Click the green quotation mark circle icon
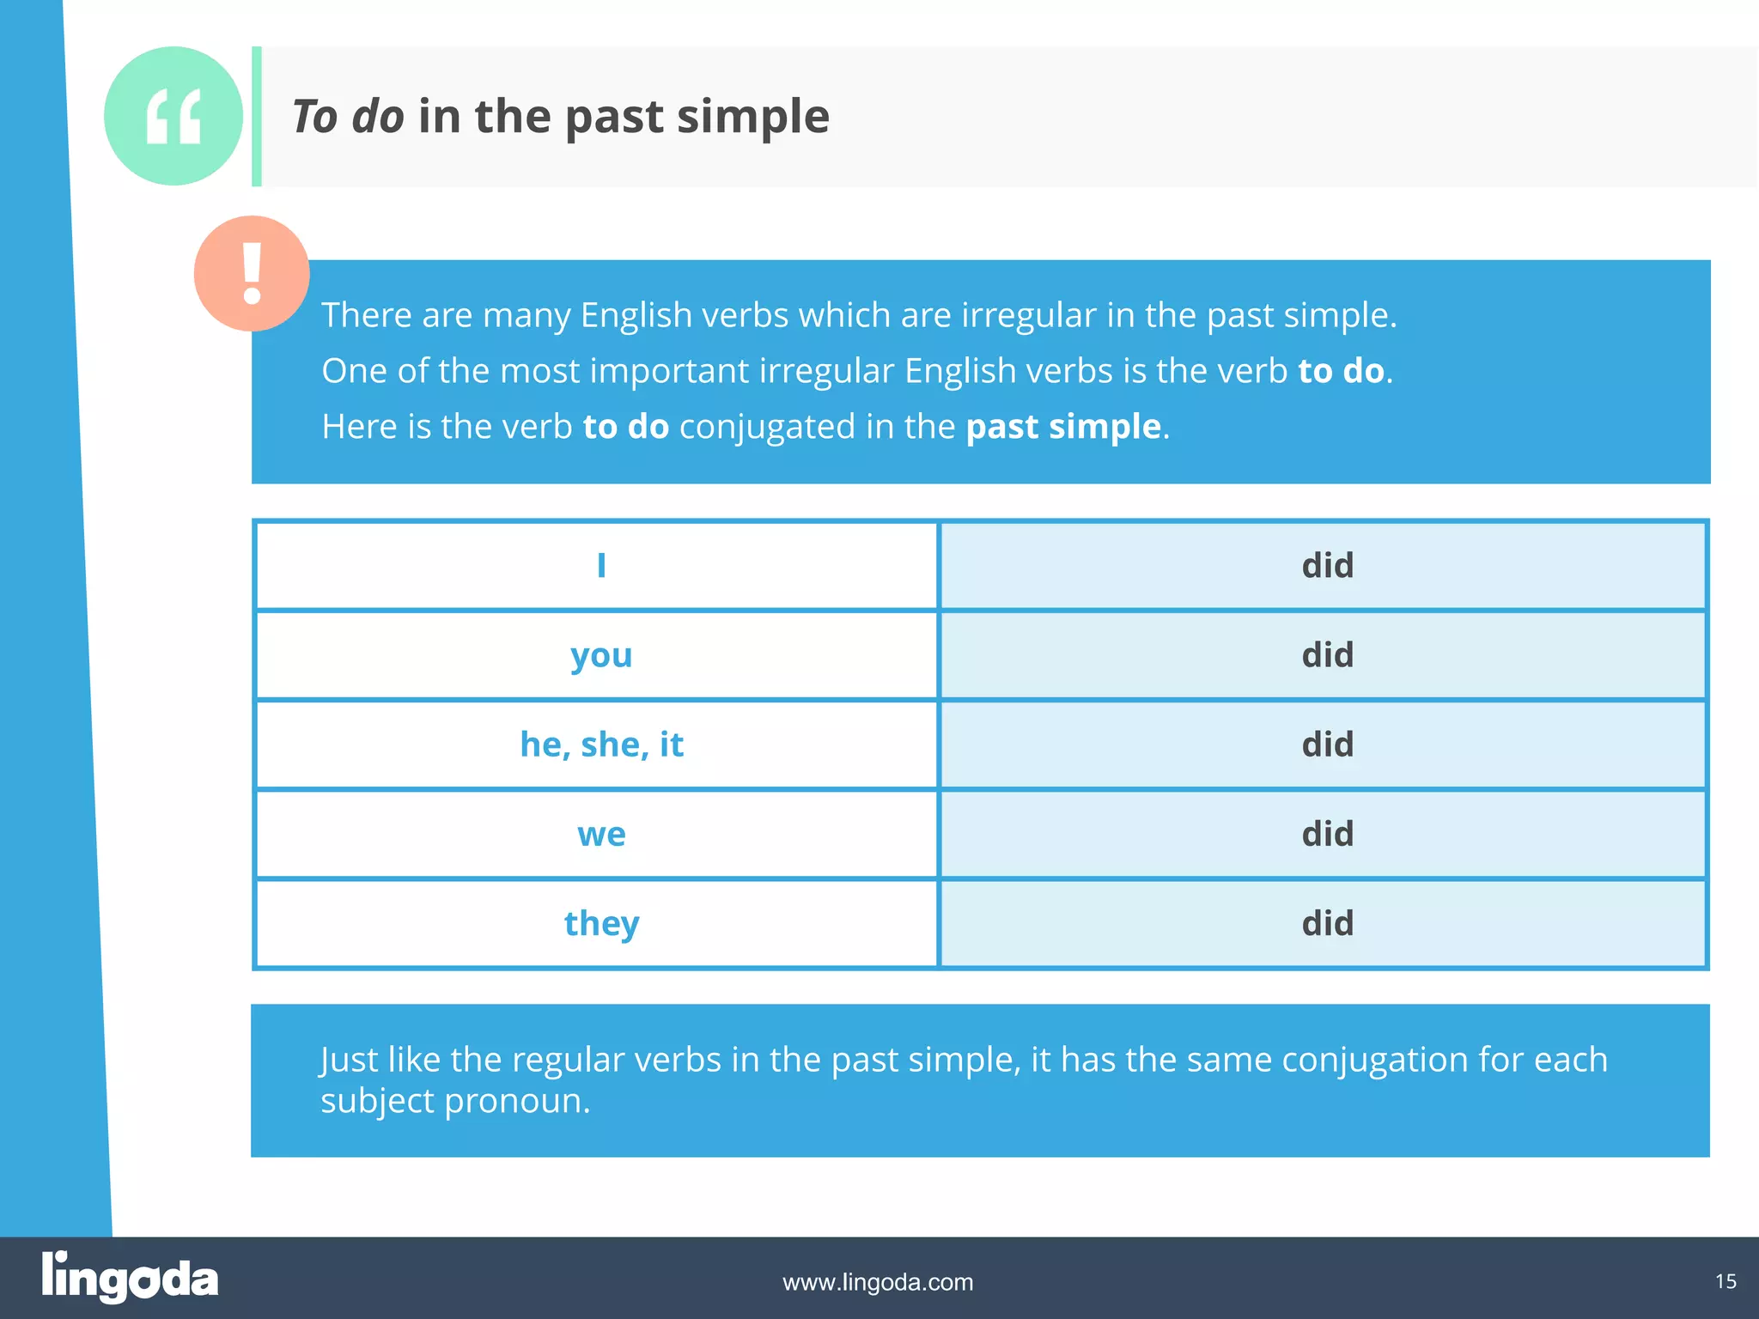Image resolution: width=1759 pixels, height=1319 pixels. click(x=173, y=116)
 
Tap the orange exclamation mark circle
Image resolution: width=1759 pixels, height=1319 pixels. click(x=252, y=273)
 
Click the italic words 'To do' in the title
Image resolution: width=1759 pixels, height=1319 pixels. click(x=348, y=117)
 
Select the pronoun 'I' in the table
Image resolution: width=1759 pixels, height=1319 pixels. click(x=601, y=566)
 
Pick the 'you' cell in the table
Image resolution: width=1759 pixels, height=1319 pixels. click(x=601, y=656)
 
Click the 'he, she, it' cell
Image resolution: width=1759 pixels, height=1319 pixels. click(x=601, y=745)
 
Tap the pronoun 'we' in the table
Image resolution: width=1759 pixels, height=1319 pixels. click(x=601, y=835)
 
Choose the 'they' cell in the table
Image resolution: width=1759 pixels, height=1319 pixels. click(x=601, y=924)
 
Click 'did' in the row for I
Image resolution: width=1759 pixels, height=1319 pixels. click(x=1327, y=566)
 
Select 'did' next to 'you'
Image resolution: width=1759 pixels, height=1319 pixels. click(x=1327, y=655)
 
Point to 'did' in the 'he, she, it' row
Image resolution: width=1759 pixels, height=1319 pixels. click(x=1327, y=745)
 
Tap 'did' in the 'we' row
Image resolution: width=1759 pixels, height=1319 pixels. click(x=1327, y=834)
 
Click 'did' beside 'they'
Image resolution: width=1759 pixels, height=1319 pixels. click(x=1327, y=924)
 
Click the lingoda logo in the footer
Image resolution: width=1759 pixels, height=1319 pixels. click(x=130, y=1278)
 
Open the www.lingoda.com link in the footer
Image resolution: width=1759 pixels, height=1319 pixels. click(x=878, y=1282)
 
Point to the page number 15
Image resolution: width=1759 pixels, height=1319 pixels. click(x=1726, y=1281)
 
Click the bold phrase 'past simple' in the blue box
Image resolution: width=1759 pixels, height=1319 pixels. click(x=1063, y=427)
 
